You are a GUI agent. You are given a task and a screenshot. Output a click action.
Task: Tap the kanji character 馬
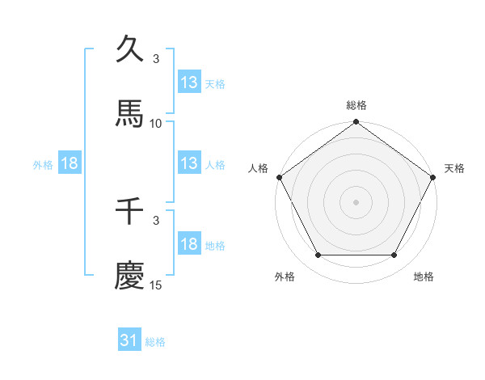point(130,115)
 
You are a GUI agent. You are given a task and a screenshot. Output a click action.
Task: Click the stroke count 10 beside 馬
point(156,124)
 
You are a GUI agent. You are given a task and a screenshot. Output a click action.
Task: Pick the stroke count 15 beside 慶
point(156,285)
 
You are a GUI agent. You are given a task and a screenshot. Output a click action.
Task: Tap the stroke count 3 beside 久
point(156,59)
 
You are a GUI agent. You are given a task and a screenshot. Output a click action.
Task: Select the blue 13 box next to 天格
point(189,82)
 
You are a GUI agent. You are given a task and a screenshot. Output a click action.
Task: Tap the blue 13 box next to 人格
point(189,163)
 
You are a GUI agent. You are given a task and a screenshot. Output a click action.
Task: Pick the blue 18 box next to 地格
point(189,244)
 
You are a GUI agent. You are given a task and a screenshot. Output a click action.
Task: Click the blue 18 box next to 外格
point(70,163)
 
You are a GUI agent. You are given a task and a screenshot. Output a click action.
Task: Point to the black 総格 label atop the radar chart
point(356,105)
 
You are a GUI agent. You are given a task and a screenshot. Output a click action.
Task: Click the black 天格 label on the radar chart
point(454,168)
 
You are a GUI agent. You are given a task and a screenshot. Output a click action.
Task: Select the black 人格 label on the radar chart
point(259,168)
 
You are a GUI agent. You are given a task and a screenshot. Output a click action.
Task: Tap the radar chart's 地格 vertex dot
point(394,255)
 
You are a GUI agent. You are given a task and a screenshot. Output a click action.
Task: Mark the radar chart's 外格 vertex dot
point(318,255)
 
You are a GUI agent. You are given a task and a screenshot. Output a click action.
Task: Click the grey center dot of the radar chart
point(356,201)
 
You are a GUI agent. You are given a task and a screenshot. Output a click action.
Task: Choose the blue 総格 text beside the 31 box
point(155,342)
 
